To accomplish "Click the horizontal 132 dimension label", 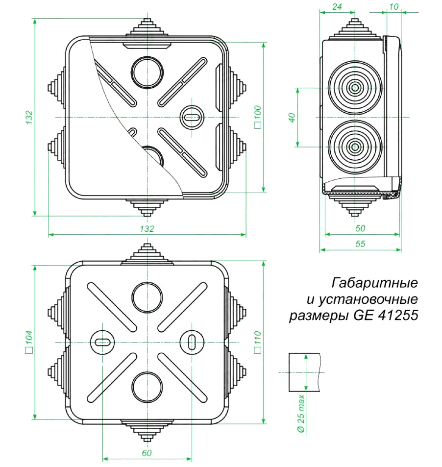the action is tap(147, 229).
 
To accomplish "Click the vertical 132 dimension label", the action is tap(28, 117).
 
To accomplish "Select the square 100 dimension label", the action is tap(258, 117).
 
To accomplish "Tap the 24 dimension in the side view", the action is tap(337, 6).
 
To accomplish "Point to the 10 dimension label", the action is tap(394, 6).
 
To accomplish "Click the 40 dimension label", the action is tap(292, 117).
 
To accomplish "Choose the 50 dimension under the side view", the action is tap(360, 228).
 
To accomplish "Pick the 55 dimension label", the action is tap(360, 244).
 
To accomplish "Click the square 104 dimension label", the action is tap(28, 342).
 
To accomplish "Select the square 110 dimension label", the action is tap(258, 342).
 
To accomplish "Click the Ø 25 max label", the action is tap(301, 414).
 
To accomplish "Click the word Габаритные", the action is tap(374, 283).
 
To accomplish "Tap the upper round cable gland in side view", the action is tap(355, 88).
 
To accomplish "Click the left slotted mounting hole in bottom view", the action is tap(102, 342).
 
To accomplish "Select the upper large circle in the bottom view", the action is tap(147, 297).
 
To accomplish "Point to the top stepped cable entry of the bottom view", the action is tap(147, 254).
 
